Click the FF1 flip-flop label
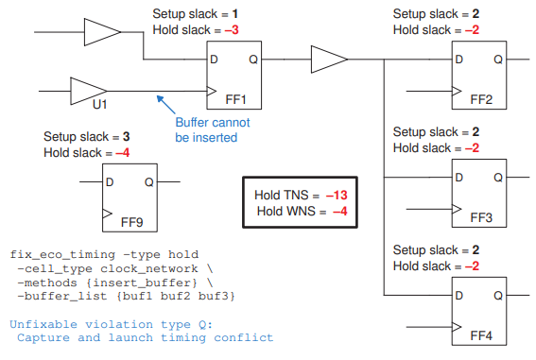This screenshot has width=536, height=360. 235,98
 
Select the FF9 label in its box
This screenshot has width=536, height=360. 132,224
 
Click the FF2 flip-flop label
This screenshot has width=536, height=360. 481,98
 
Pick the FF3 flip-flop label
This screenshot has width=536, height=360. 481,217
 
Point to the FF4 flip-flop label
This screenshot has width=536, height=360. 481,334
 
